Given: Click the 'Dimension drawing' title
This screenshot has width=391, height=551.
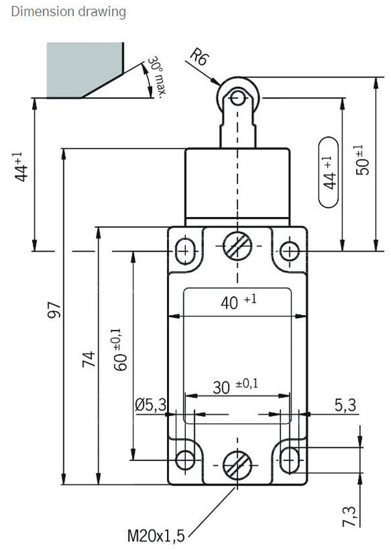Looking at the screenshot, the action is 69,11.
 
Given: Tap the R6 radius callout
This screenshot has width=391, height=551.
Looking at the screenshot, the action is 199,57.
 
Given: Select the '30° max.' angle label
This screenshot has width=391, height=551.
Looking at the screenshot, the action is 156,77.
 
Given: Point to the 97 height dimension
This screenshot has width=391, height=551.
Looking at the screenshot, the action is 54,310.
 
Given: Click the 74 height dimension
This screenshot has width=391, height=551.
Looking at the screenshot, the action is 89,358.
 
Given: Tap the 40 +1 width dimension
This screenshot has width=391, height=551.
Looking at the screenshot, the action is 239,301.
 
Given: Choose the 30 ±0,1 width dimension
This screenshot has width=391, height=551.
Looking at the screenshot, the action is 235,386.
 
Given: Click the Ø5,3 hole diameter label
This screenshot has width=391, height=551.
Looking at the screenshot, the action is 151,405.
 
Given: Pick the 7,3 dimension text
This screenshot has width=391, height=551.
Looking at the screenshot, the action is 349,517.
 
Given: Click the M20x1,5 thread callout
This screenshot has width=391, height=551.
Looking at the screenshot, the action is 155,536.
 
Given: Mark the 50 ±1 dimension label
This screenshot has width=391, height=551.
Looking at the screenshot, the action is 363,160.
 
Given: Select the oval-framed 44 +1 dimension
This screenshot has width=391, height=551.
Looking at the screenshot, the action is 328,172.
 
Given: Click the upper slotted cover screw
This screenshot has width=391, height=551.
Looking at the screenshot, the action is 238,246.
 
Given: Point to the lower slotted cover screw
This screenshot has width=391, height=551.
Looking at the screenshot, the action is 238,465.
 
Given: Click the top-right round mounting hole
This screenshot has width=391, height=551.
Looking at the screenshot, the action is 289,252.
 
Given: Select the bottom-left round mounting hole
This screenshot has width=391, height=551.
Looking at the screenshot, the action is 185,460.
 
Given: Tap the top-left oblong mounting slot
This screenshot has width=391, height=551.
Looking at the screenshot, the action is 185,252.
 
